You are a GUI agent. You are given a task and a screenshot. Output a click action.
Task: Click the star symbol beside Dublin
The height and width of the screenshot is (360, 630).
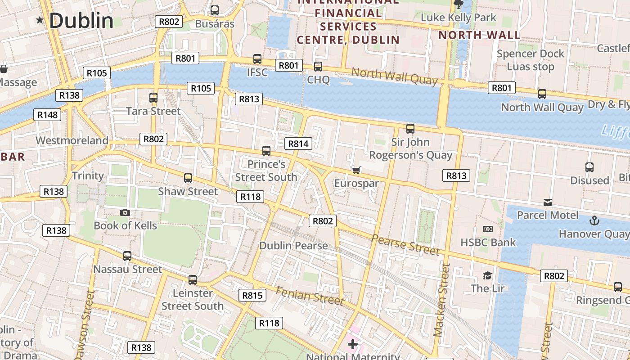pyautogui.click(x=40, y=20)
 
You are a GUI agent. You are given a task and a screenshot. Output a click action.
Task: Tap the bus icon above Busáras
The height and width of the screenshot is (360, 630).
pyautogui.click(x=215, y=10)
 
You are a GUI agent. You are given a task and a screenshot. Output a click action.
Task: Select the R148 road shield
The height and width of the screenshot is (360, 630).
pyautogui.click(x=47, y=115)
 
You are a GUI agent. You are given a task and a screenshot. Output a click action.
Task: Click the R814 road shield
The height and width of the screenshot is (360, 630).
pyautogui.click(x=298, y=144)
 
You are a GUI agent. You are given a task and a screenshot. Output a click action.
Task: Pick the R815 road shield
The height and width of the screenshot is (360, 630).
pyautogui.click(x=252, y=295)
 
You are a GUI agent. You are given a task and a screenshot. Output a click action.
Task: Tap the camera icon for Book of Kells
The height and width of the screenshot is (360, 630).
pyautogui.click(x=125, y=212)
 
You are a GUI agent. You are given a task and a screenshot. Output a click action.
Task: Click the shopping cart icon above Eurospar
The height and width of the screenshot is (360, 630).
pyautogui.click(x=356, y=170)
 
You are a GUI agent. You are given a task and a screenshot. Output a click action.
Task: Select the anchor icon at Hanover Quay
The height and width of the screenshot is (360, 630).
pyautogui.click(x=594, y=220)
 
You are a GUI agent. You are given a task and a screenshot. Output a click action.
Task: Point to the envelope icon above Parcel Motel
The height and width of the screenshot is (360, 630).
pyautogui.click(x=548, y=202)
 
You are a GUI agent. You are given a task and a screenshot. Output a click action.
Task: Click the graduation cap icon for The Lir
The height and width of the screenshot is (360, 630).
pyautogui.click(x=487, y=275)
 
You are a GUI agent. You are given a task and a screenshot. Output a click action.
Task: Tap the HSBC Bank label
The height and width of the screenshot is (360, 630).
pyautogui.click(x=488, y=243)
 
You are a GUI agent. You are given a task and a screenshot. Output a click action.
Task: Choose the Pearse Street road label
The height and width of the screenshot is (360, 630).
pyautogui.click(x=405, y=244)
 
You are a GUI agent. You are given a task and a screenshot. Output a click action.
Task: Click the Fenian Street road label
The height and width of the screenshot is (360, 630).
pyautogui.click(x=310, y=295)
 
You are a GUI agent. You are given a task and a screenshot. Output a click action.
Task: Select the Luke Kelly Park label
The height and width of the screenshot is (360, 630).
pyautogui.click(x=458, y=18)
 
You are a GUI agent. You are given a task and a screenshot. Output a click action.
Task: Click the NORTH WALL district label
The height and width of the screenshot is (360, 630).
pyautogui.click(x=479, y=35)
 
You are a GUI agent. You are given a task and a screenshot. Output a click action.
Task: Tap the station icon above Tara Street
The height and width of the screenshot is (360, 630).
pyautogui.click(x=153, y=97)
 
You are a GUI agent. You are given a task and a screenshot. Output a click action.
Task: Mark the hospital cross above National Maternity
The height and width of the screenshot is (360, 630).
pyautogui.click(x=353, y=345)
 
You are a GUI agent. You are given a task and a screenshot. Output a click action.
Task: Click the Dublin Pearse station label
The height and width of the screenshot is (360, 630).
pyautogui.click(x=293, y=246)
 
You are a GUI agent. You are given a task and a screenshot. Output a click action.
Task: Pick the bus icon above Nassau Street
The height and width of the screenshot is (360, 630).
pyautogui.click(x=127, y=256)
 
